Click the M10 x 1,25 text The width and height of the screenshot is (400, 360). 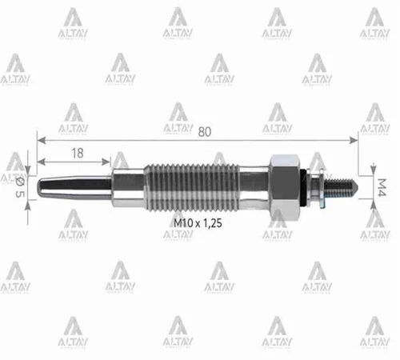pyautogui.click(x=198, y=225)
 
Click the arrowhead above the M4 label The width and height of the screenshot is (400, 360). pyautogui.click(x=374, y=170)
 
